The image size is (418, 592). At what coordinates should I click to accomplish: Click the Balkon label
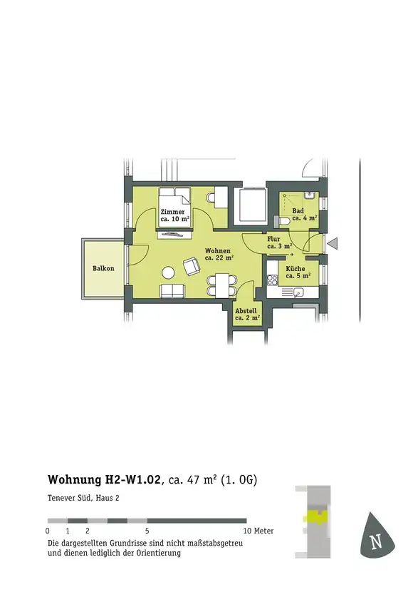[103, 268]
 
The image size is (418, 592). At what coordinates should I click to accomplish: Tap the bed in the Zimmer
[174, 208]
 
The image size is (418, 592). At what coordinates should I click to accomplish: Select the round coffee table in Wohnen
[168, 272]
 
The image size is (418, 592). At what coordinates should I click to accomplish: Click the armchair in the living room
[192, 266]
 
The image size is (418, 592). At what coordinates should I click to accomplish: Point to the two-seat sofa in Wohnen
[172, 291]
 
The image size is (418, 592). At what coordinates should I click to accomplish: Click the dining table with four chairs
[221, 285]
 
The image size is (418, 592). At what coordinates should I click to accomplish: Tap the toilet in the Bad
[283, 221]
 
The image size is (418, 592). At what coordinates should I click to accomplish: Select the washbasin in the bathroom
[310, 195]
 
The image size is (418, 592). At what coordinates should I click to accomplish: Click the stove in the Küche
[272, 280]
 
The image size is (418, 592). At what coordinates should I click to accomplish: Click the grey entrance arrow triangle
[332, 244]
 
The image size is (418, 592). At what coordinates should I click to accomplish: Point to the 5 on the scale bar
[147, 531]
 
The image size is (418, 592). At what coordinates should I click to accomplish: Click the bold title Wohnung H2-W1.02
[105, 479]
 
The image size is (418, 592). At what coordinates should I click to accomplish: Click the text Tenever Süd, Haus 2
[83, 498]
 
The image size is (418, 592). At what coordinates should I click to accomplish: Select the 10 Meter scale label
[258, 531]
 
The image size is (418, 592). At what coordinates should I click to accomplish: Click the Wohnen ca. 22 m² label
[219, 255]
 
